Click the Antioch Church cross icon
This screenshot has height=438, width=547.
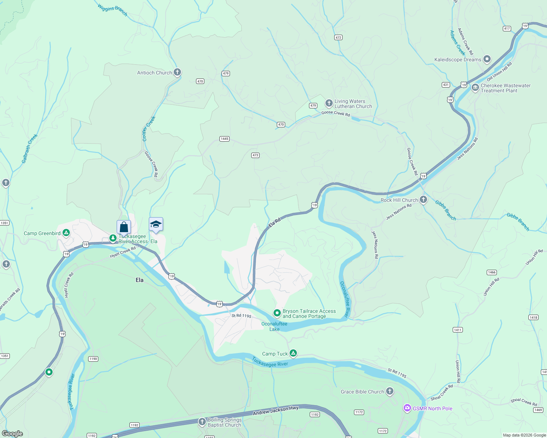point(177,72)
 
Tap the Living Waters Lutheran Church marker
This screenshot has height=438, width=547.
point(329,103)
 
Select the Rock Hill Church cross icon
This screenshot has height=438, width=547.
point(423,200)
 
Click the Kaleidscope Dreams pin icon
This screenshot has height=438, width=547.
point(487,59)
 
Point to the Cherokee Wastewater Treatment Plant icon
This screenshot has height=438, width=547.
point(475,88)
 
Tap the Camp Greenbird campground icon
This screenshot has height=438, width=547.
point(66,233)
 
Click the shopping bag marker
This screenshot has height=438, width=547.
point(124,227)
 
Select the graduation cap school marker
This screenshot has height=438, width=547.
point(156,224)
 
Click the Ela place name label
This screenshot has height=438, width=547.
point(140,280)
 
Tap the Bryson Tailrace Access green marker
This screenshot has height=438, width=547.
point(277,313)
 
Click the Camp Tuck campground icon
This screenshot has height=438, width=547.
point(293,353)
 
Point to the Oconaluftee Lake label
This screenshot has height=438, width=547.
point(274,326)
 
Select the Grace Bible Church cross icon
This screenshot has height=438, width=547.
point(390,391)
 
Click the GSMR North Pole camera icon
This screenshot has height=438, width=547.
point(407,408)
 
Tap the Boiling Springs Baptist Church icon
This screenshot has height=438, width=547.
point(202,422)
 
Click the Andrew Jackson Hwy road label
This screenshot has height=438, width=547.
point(276,411)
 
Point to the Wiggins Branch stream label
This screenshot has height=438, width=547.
point(113,9)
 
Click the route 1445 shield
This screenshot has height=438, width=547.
point(225,139)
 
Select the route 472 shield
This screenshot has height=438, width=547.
point(338,37)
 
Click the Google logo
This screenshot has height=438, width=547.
point(12,434)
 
